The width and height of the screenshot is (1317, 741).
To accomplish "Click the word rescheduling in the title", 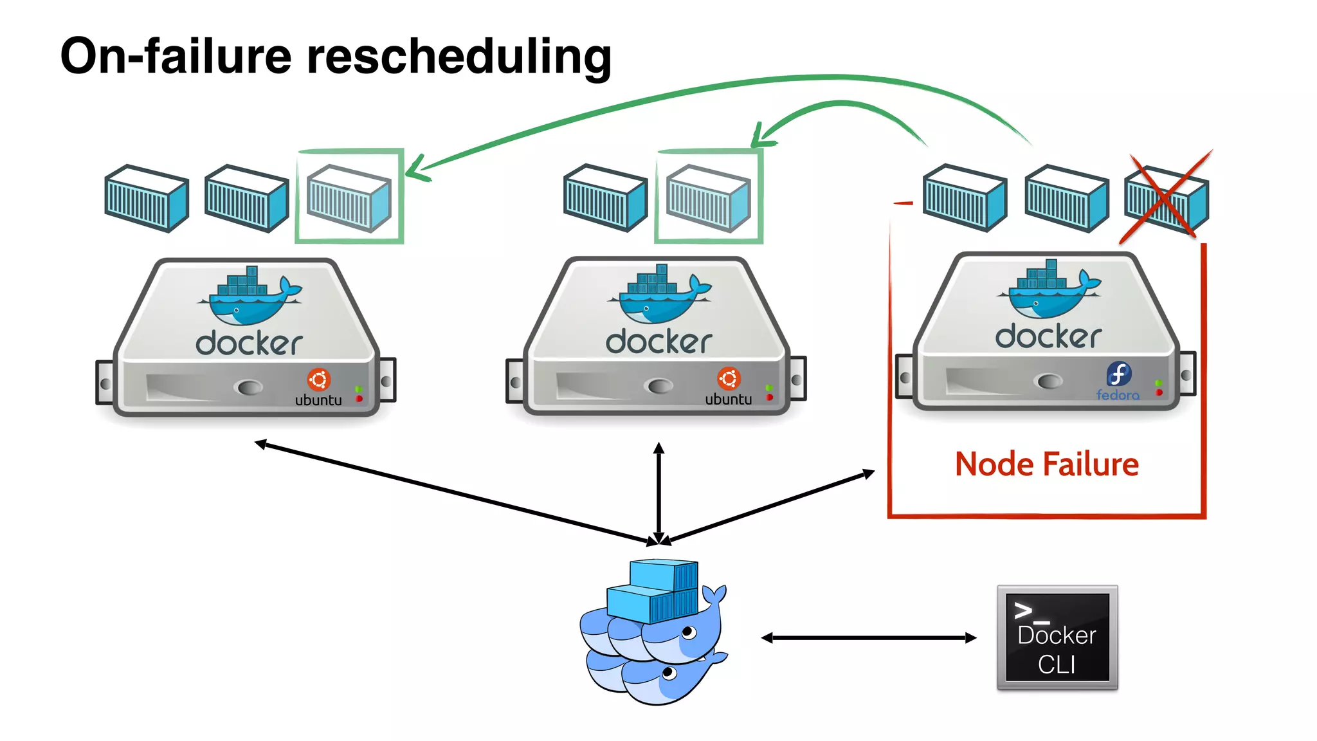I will (x=459, y=57).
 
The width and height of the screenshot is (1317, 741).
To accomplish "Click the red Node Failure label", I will (x=1046, y=464).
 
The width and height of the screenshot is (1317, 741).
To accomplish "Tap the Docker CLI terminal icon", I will (x=1057, y=637).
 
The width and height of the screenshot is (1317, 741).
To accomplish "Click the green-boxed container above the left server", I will (x=349, y=197).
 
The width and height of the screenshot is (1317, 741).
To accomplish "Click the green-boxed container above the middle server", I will (x=708, y=197).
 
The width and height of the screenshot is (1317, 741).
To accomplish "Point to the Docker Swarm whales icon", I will (x=653, y=634).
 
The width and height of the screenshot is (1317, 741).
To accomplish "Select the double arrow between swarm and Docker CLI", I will (x=868, y=637).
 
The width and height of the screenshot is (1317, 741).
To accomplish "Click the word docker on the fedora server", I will (x=1048, y=336).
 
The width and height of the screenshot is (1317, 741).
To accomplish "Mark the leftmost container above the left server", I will (x=147, y=198).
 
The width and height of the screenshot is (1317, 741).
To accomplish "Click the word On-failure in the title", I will (x=176, y=57).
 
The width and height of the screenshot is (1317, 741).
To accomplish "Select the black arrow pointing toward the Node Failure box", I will (x=772, y=506).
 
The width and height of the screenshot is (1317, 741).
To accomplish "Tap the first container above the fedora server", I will (x=964, y=197).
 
